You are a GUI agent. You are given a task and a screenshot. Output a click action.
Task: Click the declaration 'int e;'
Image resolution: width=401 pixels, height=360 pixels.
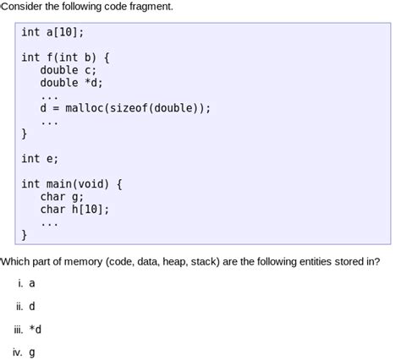click(x=40, y=159)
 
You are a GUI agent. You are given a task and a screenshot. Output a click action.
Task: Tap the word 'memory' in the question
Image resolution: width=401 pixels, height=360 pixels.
click(x=81, y=262)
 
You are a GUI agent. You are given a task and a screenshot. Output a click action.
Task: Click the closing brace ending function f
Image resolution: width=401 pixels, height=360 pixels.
click(x=25, y=134)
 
